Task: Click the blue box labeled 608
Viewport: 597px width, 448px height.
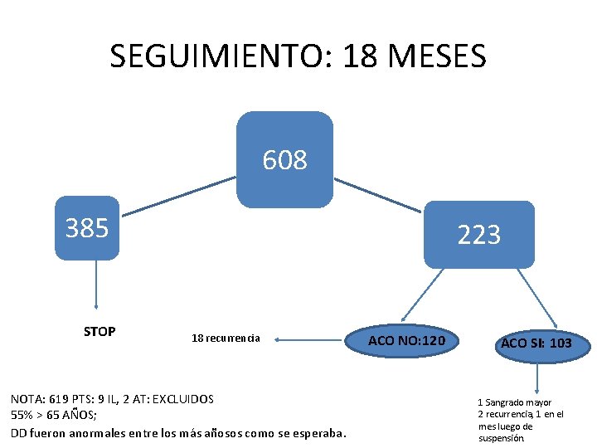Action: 284,159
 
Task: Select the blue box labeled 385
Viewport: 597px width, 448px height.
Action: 87,228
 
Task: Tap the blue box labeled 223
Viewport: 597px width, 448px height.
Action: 478,236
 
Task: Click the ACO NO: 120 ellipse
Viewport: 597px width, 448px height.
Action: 406,341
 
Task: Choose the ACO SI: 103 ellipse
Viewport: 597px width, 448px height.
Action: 536,343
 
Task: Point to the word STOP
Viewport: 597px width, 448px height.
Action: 99,332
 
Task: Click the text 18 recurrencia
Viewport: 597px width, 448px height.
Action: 226,338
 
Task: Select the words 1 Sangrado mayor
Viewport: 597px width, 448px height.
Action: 514,402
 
